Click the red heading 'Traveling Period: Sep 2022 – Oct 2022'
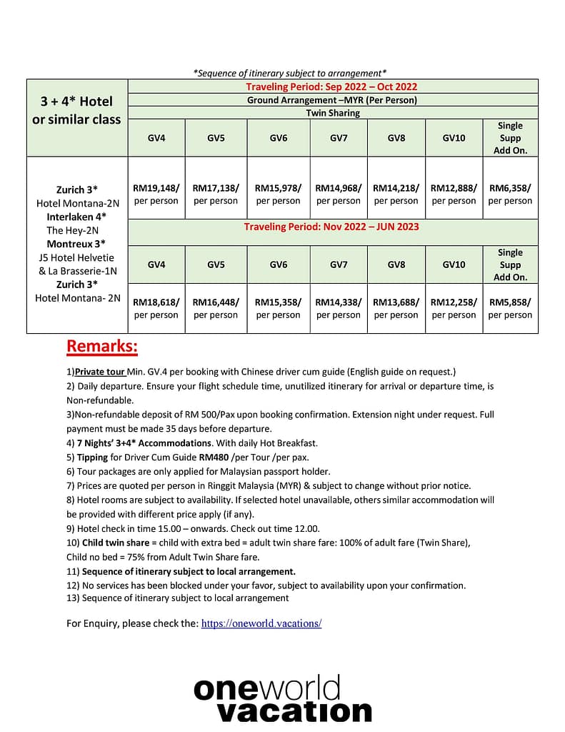tap(331, 86)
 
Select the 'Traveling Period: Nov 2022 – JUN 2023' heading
tap(331, 227)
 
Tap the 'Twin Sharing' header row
tap(333, 113)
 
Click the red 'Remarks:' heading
tap(102, 347)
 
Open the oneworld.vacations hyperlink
tap(261, 623)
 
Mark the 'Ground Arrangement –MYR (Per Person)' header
tap(331, 100)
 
